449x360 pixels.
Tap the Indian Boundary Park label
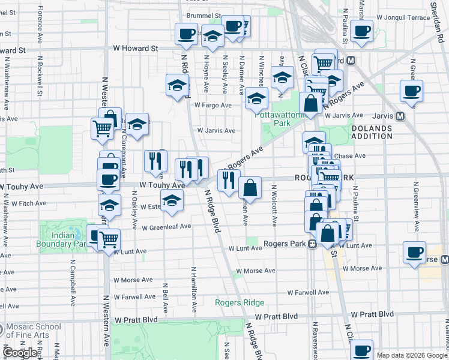[x=63, y=239]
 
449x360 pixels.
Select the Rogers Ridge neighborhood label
[x=240, y=302]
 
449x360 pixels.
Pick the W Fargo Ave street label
[x=212, y=105]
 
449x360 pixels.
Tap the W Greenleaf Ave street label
[x=166, y=227]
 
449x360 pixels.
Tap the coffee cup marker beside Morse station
[x=414, y=252]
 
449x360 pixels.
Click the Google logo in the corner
[x=20, y=353]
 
